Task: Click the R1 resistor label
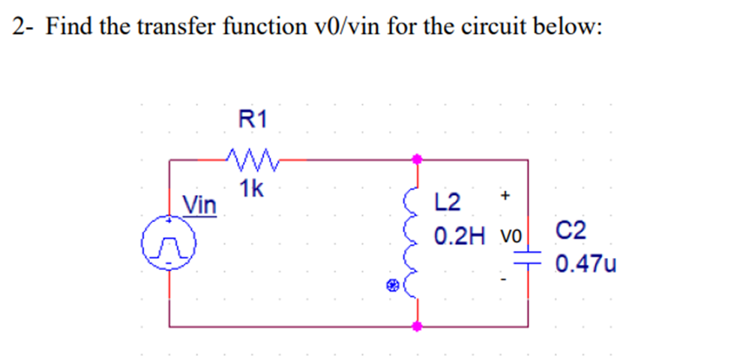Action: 251,118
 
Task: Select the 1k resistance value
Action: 251,189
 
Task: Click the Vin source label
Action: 199,204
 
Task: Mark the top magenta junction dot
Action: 418,159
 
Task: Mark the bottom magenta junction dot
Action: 418,326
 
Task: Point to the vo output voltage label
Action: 512,238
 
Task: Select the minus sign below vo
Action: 505,281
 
